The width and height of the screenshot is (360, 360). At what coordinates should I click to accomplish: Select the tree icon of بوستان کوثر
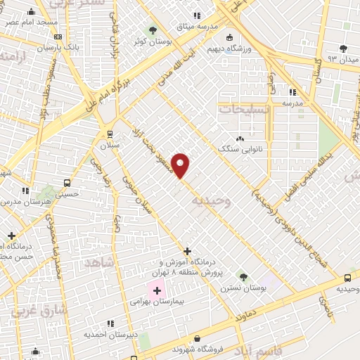153,30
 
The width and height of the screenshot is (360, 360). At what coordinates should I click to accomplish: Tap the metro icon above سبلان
109,134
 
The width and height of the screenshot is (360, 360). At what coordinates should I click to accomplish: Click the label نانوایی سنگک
240,149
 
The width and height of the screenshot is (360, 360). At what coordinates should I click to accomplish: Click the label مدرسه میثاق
198,26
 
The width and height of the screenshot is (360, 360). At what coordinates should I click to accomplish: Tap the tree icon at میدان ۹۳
342,49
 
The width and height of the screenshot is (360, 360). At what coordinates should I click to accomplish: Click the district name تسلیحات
244,109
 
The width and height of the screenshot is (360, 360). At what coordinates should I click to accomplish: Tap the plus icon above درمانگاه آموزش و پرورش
187,251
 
